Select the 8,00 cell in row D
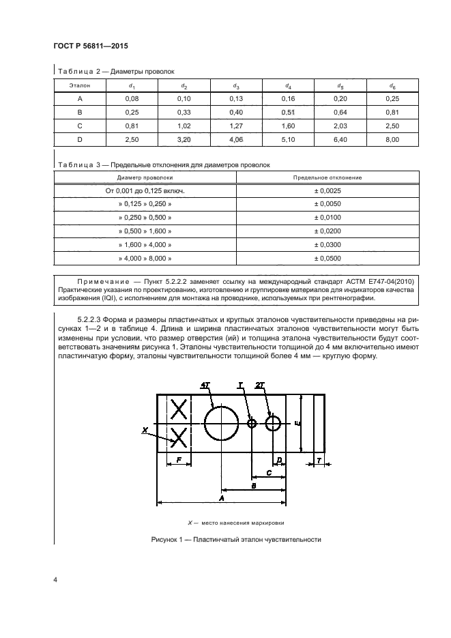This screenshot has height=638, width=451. point(391,139)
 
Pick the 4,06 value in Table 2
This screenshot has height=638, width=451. point(235,139)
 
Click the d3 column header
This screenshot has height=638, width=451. point(235,86)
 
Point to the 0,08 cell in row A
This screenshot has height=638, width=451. point(132,99)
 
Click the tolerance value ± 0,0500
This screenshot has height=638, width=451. point(327,259)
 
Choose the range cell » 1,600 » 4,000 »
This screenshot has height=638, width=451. point(145,245)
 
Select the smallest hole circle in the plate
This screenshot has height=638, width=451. point(252,424)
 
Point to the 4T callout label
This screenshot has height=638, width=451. point(205,386)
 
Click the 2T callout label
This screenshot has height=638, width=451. point(260,386)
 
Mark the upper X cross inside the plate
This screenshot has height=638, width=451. point(179,409)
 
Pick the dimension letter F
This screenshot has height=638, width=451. point(179,461)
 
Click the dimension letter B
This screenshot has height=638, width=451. point(253,486)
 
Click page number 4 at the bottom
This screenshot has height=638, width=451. point(55,580)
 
